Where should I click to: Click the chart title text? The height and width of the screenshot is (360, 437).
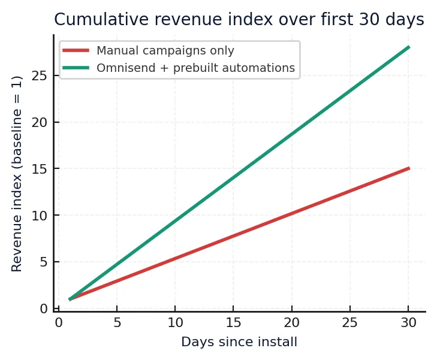239,20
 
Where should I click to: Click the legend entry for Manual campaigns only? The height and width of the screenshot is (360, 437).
165,51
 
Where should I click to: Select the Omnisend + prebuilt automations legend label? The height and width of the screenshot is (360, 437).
195,68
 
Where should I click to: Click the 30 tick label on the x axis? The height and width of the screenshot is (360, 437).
409,323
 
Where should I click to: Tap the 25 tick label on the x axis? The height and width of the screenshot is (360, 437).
350,323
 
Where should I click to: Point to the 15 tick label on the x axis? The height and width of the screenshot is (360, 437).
233,323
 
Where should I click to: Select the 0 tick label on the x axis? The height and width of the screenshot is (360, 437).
58,323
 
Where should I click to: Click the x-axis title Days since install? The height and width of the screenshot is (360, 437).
239,343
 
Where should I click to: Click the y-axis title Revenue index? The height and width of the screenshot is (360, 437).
17,174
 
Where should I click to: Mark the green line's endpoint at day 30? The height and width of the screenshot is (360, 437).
409,47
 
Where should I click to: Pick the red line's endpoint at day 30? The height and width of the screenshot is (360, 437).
409,168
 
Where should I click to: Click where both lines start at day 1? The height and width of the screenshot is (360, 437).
70,299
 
